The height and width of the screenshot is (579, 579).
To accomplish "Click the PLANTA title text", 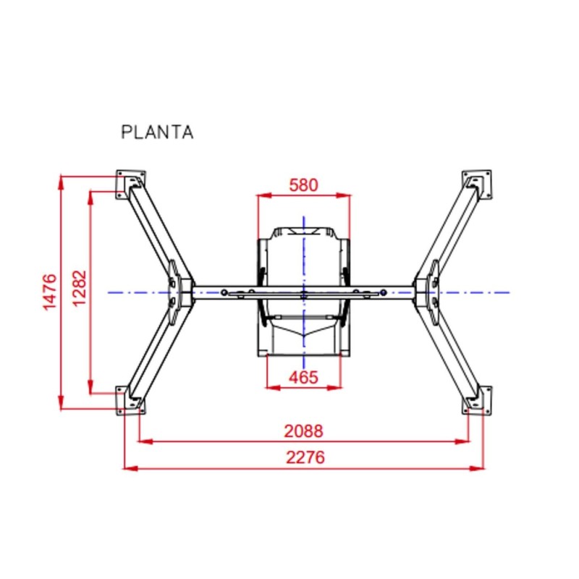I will [x=157, y=132].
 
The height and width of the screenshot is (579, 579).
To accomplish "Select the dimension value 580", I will [x=303, y=185].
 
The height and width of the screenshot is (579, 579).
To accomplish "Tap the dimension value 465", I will [x=303, y=377].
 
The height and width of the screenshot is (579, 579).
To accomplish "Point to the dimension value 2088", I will [x=303, y=431].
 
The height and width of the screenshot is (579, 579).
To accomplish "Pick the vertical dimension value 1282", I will [x=79, y=288].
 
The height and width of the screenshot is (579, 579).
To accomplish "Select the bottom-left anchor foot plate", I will [x=131, y=400].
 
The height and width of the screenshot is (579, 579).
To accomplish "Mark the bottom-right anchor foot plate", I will [x=477, y=400].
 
